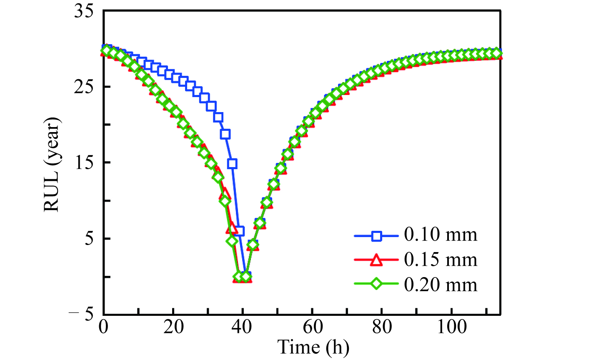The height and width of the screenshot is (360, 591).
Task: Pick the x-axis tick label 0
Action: coord(103,327)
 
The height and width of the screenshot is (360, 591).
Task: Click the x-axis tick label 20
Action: coord(173,327)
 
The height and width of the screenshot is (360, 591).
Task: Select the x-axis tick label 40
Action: coord(243,327)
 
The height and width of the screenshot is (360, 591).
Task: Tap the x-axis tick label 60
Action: coord(313,327)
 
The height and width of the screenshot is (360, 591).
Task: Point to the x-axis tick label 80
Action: coord(382,327)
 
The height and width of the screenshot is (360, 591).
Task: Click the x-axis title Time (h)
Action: coord(313,347)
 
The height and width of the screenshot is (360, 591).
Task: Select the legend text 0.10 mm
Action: coord(441,235)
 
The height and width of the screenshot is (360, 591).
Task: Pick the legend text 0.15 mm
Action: coord(441,260)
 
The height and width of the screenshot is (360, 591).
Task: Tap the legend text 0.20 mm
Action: coord(441,285)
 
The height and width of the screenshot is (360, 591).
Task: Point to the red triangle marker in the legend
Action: coord(377,260)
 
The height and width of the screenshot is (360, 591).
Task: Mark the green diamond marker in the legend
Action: coord(377,285)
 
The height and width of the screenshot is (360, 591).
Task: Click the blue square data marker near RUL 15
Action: coord(232,163)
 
